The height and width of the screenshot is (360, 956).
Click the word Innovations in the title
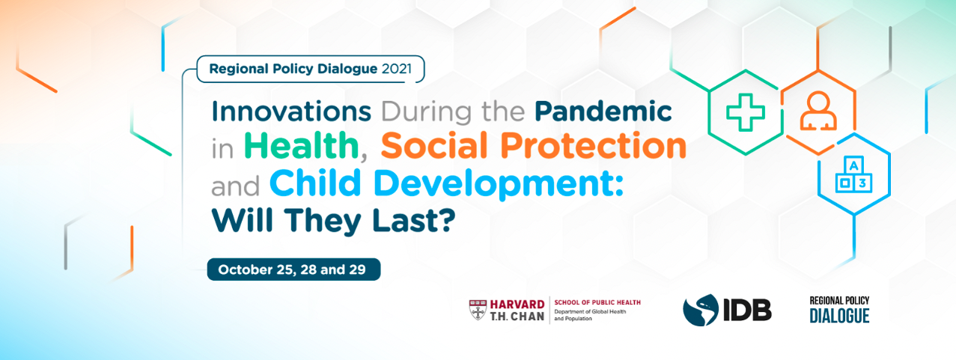291,112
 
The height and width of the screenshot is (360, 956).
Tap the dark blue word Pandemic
603,112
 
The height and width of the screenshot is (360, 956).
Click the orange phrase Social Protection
532,146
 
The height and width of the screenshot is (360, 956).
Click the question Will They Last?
334,219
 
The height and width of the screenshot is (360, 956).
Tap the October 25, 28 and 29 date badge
293,269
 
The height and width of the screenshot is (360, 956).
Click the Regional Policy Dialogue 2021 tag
310,69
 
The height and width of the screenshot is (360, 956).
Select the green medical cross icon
746,112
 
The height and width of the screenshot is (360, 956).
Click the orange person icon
818,113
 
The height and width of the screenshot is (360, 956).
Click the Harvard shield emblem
478,310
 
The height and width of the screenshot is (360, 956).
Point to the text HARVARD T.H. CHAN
517,310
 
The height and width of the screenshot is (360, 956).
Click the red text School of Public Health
597,302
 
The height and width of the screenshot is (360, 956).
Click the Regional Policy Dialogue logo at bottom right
839,309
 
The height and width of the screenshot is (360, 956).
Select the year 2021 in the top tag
396,69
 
